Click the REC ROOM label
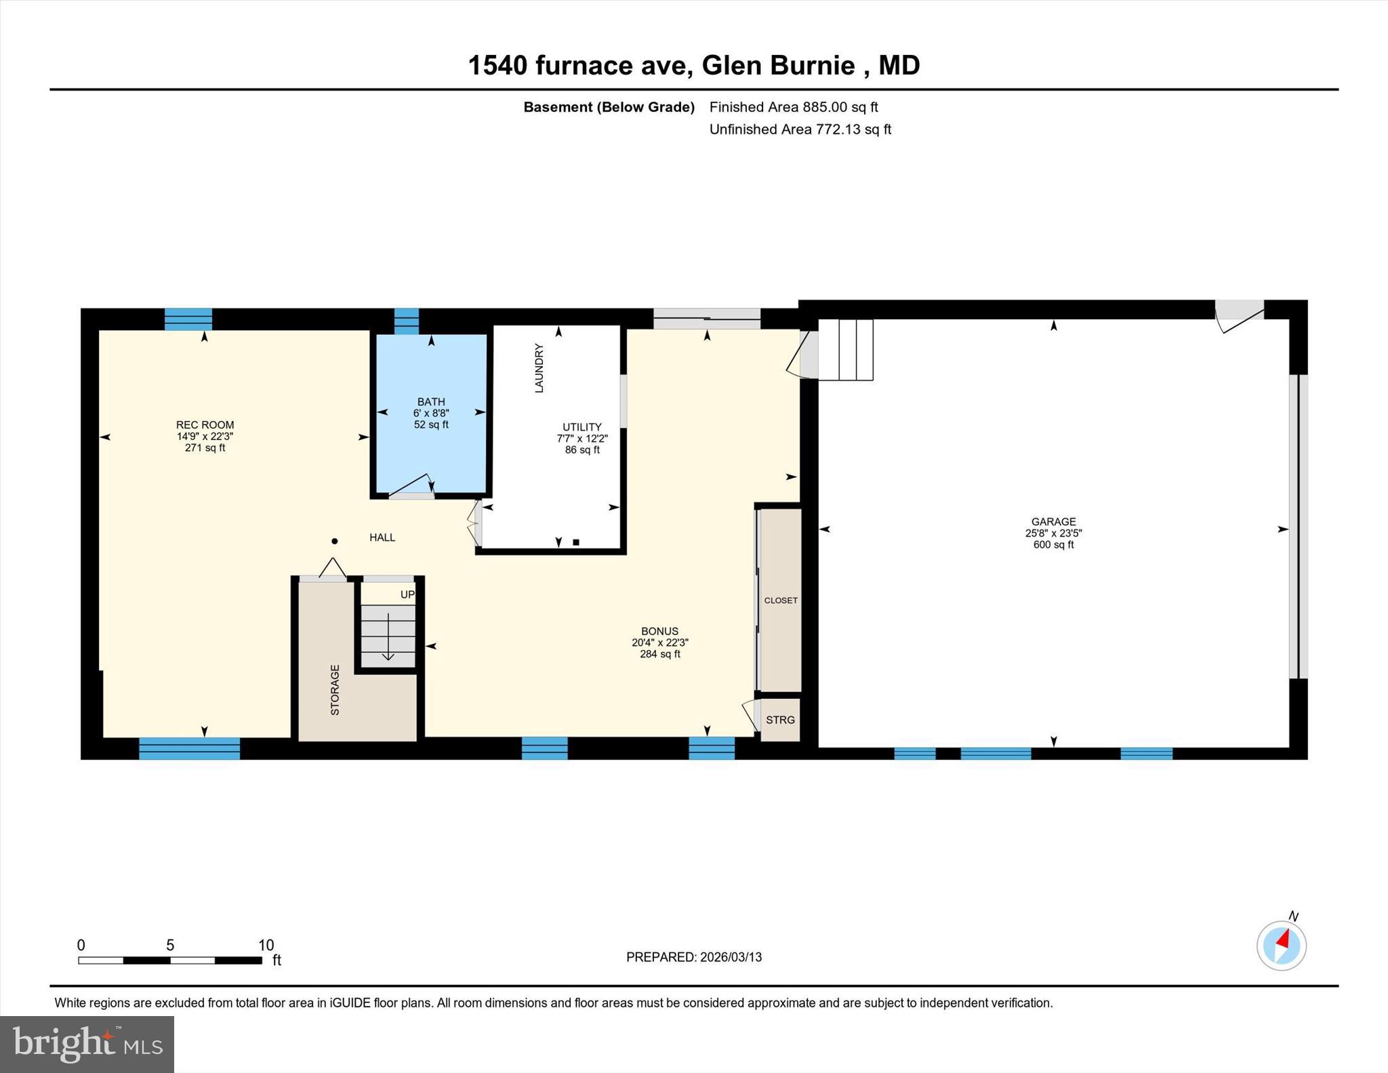[x=205, y=425]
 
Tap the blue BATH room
[x=431, y=441]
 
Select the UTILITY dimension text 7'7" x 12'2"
[x=582, y=439]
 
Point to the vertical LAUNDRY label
[x=539, y=368]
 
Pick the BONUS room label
[x=659, y=631]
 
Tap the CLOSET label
[x=781, y=601]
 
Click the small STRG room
[x=780, y=720]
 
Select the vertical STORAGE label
[x=335, y=690]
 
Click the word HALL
[x=382, y=538]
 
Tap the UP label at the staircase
[x=407, y=594]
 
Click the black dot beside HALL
[x=334, y=541]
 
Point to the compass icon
[x=1281, y=945]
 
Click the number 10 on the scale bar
[x=266, y=945]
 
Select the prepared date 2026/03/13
[x=731, y=957]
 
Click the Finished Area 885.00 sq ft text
[x=793, y=107]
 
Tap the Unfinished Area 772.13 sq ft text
[x=800, y=129]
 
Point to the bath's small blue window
[x=407, y=321]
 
